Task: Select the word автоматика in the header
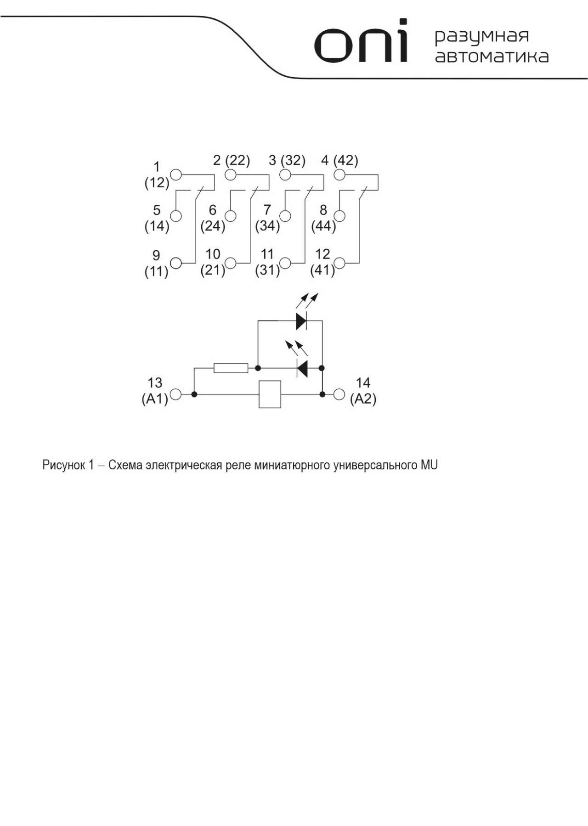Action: [x=492, y=56]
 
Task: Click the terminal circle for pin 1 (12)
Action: [x=176, y=175]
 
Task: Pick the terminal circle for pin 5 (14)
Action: [x=176, y=216]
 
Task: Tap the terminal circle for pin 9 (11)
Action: [x=176, y=263]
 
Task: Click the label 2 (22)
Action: [x=232, y=160]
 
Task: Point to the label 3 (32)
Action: [x=287, y=160]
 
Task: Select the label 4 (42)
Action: [x=340, y=160]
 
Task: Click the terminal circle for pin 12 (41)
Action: [x=339, y=263]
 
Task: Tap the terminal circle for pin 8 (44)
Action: [x=340, y=216]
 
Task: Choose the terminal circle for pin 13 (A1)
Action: [x=175, y=394]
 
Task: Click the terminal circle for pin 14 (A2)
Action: [x=339, y=394]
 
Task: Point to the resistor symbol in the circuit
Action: [x=231, y=368]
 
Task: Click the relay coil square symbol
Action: [x=270, y=394]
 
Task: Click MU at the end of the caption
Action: [x=429, y=465]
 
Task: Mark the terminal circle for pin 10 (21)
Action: [x=231, y=263]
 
